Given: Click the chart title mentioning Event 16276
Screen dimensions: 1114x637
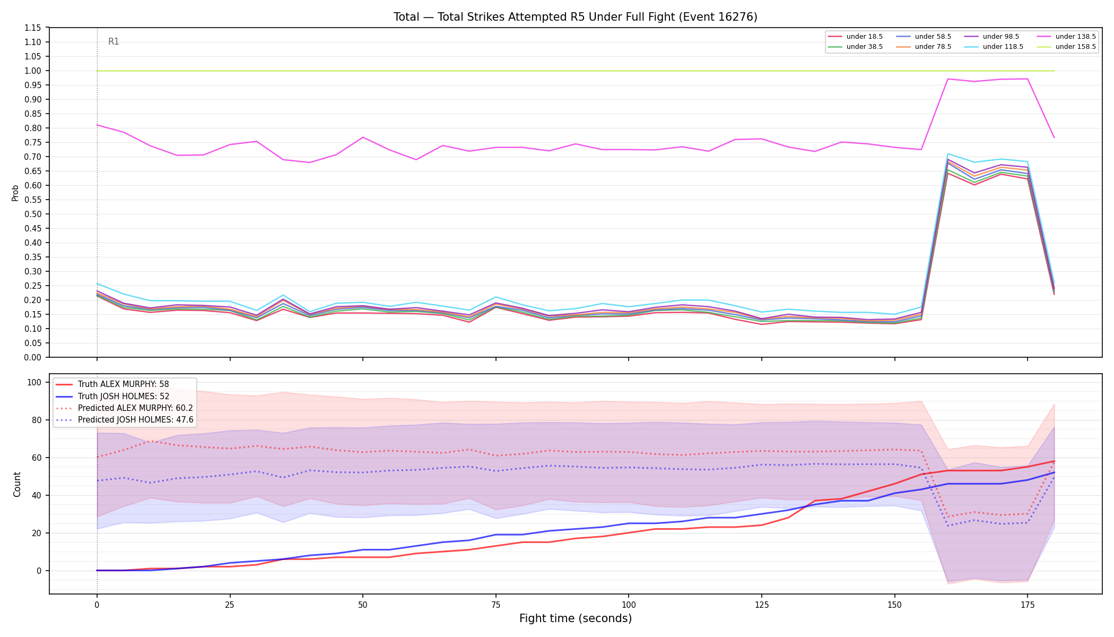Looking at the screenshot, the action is pyautogui.click(x=575, y=17).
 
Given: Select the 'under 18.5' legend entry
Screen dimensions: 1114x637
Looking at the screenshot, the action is pyautogui.click(x=855, y=37).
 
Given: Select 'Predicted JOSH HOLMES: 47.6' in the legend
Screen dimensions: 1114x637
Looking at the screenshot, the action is pyautogui.click(x=125, y=420).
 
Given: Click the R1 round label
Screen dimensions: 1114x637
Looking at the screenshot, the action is pyautogui.click(x=114, y=41).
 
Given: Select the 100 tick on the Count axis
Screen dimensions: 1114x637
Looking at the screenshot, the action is pyautogui.click(x=35, y=382).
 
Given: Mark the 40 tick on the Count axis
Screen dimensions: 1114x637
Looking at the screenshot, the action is pyautogui.click(x=37, y=495).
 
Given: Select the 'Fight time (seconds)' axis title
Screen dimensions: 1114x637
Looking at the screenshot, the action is pyautogui.click(x=576, y=618).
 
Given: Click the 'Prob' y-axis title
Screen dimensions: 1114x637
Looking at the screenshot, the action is pyautogui.click(x=15, y=193).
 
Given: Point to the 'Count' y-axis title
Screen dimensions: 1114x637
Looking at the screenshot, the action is pyautogui.click(x=17, y=484).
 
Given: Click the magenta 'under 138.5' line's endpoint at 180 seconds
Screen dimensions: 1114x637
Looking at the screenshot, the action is pyautogui.click(x=1054, y=137).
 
